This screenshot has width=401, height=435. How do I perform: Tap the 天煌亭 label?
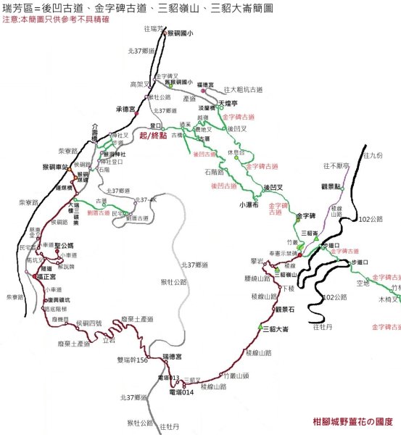click(x=228, y=104)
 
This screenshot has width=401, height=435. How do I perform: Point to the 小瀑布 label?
click(x=247, y=204)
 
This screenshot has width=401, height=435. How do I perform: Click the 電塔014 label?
click(x=181, y=392)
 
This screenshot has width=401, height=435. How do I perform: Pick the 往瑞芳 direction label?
click(x=154, y=28)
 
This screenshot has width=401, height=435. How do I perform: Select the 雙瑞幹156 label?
click(x=133, y=360)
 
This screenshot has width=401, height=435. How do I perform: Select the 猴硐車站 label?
click(x=46, y=166)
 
